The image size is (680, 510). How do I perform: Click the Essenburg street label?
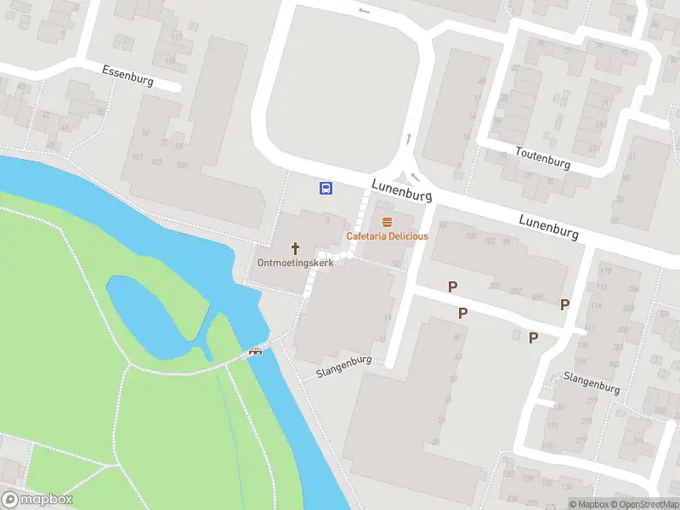point(127,75)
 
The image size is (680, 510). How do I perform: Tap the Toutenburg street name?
point(543,157)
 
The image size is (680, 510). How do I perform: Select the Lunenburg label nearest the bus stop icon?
point(401,190)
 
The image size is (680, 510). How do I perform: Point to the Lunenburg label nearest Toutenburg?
point(549,225)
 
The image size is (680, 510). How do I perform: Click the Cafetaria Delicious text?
point(387,235)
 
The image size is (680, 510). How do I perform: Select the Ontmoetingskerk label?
point(296,263)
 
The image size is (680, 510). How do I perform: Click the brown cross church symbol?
point(296,248)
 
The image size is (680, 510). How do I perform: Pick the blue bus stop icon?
point(326,188)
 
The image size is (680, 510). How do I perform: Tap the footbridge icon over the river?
point(255,352)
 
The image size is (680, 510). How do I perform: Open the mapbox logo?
point(37,500)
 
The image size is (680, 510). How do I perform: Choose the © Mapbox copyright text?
point(588,504)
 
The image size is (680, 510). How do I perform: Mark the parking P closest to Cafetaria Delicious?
point(453,287)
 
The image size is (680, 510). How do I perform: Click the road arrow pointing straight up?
point(409,139)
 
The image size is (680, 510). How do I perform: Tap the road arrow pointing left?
point(365,11)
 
